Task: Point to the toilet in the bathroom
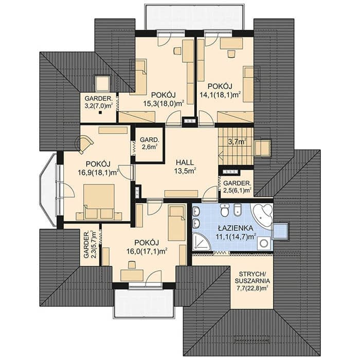pyautogui.click(x=224, y=210)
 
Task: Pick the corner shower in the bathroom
pyautogui.click(x=201, y=242)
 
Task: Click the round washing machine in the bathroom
pyautogui.click(x=264, y=243)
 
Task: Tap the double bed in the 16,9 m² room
pyautogui.click(x=99, y=202)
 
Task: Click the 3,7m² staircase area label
pyautogui.click(x=238, y=141)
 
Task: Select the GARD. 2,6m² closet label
pyautogui.click(x=149, y=143)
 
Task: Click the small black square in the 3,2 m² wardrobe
pyautogui.click(x=100, y=113)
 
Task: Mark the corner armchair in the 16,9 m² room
pyautogui.click(x=84, y=143)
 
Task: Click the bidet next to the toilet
pyautogui.click(x=238, y=210)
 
